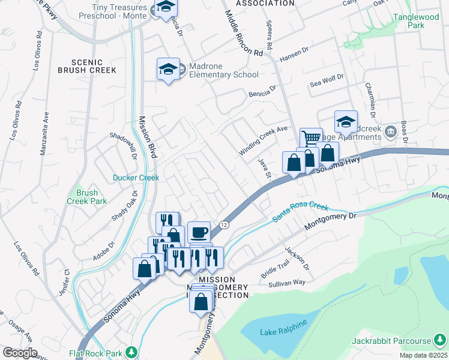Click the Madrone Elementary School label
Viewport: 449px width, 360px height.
pos(223,70)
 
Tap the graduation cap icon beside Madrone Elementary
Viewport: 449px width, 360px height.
pos(169,68)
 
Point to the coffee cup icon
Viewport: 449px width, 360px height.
pos(199,232)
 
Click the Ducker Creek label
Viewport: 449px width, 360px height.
pos(136,178)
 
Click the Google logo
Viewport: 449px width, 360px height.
pos(20,353)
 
